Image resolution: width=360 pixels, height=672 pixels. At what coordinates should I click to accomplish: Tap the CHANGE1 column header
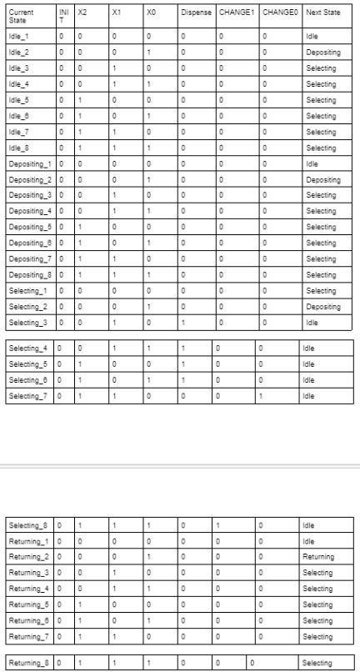235,13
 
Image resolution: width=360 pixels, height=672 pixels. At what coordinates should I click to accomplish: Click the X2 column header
82,13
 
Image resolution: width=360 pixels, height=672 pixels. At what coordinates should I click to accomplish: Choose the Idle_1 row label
18,37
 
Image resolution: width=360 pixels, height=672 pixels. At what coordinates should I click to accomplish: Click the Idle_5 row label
18,100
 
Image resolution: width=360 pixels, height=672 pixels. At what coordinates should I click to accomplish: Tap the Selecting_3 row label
28,322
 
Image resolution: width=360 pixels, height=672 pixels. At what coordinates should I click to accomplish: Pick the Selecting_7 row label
28,396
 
